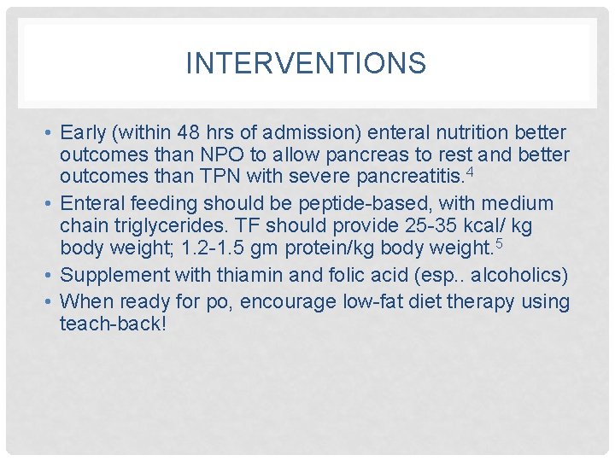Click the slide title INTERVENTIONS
point(306,63)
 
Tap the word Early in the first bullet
point(83,133)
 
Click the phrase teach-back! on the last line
point(113,324)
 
